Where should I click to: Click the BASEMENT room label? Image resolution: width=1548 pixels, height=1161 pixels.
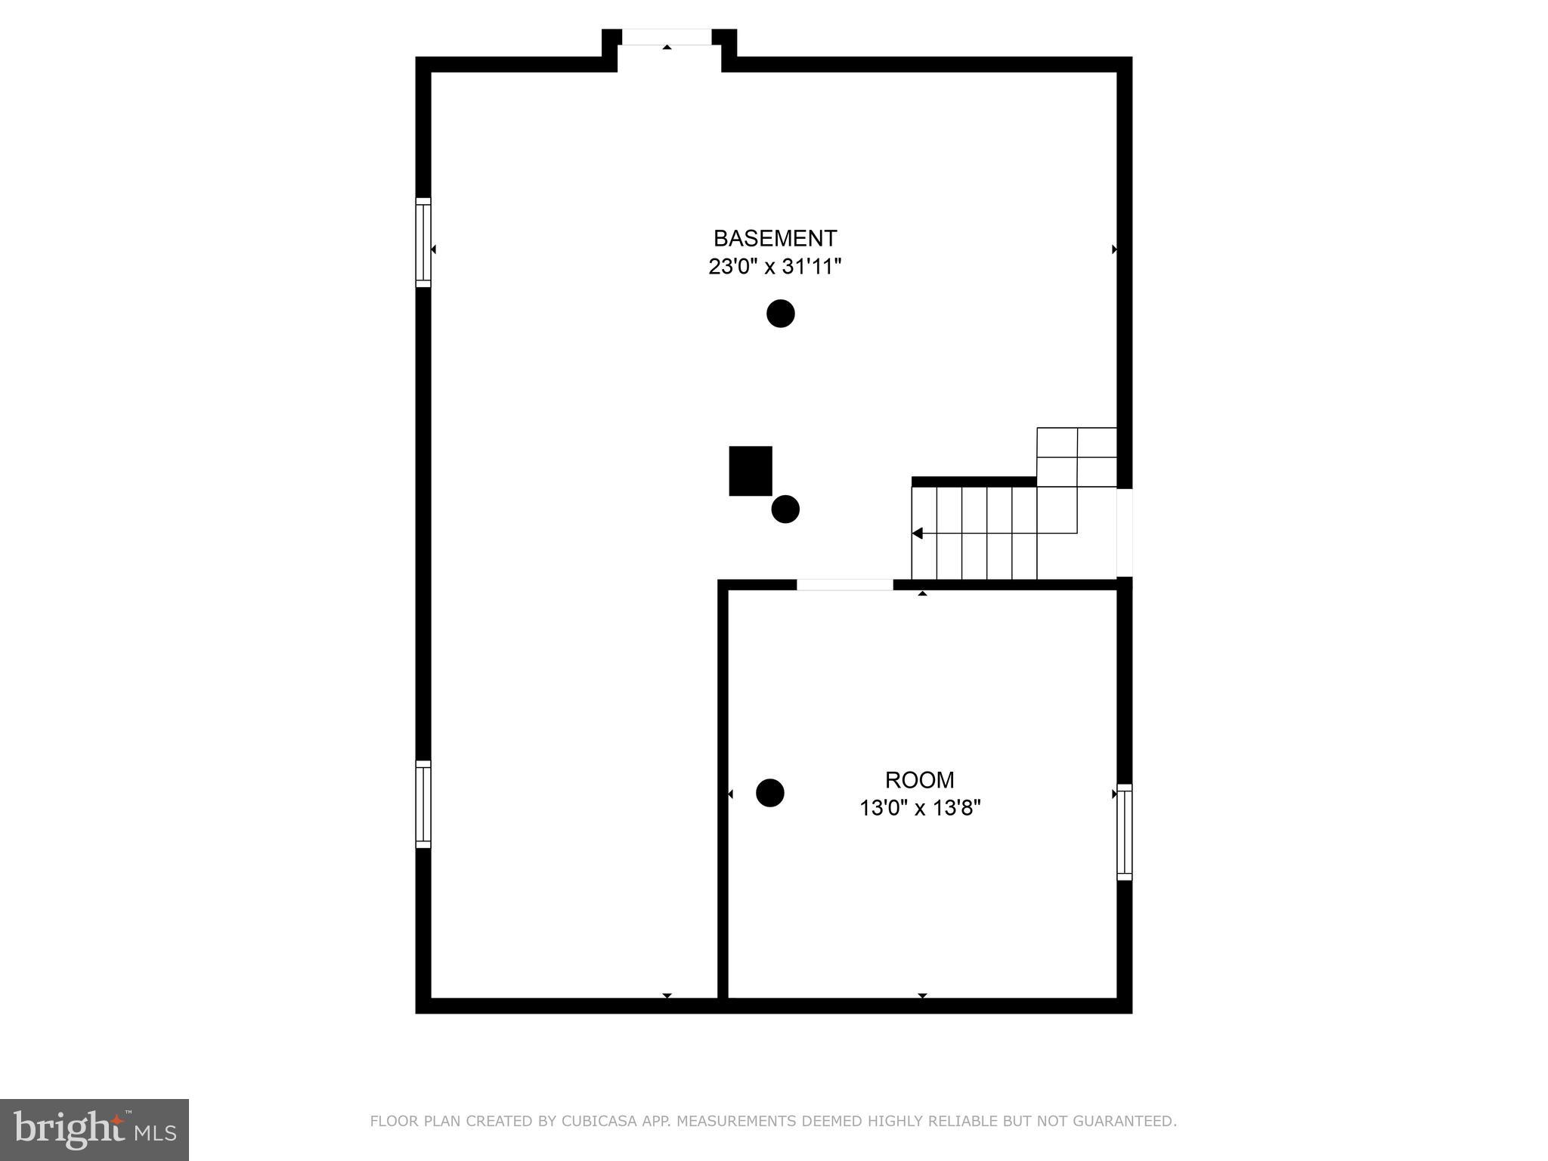click(775, 238)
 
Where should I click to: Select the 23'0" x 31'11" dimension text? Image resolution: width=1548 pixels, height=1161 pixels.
click(775, 267)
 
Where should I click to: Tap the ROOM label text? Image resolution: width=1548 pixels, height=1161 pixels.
click(919, 779)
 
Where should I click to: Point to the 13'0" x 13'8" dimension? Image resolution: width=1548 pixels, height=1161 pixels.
click(919, 808)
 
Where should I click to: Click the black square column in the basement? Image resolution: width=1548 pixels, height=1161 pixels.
click(751, 471)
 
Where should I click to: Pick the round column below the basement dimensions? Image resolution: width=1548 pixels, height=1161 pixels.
click(781, 313)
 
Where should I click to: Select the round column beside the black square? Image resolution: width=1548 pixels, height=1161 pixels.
click(785, 509)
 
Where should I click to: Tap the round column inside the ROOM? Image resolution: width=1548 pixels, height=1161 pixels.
click(770, 793)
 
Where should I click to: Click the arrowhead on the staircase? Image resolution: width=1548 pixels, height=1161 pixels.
click(918, 534)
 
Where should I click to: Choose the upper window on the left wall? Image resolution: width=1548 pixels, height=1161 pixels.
click(423, 243)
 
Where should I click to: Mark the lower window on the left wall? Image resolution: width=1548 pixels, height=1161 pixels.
click(423, 804)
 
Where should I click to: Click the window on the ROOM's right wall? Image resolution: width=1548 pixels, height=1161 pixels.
click(1125, 832)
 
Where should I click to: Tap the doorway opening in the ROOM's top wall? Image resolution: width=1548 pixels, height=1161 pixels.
click(844, 584)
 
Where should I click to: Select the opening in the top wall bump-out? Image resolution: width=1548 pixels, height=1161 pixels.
click(667, 37)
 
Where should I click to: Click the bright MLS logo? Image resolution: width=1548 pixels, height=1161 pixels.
click(94, 1129)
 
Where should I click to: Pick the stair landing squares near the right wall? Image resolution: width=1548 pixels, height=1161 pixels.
click(1076, 457)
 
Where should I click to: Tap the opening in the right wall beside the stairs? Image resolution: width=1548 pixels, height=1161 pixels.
click(1125, 532)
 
